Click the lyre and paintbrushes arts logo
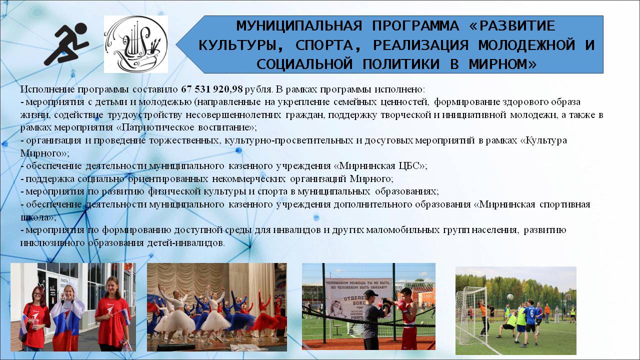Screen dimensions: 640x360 [x=136, y=44]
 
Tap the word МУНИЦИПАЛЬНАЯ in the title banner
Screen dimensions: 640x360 [x=299, y=26]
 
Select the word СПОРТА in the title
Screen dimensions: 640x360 [x=324, y=45]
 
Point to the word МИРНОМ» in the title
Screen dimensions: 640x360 [x=502, y=64]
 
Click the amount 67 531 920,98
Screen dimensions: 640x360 [x=211, y=89]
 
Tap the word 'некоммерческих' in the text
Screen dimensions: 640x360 [x=249, y=179]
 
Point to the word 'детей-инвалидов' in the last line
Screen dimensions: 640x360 [x=185, y=243]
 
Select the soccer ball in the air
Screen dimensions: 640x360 [x=510, y=297]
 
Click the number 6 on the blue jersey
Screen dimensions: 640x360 [x=531, y=313]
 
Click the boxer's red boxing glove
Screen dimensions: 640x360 [x=400, y=306]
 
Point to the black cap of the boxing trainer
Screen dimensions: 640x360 [x=370, y=293]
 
